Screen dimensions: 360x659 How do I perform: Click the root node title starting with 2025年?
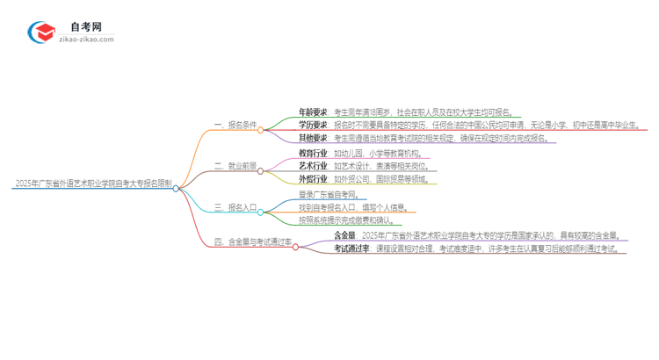[x=92, y=184]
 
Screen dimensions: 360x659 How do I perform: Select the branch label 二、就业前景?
[x=235, y=167]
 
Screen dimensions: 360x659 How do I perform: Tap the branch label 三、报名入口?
[x=235, y=208]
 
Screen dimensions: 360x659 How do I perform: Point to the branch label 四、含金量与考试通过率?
[x=253, y=241]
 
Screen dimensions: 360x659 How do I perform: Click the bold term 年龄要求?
[x=313, y=112]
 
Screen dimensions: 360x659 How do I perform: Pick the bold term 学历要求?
[x=313, y=126]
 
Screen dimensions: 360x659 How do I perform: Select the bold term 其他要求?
[x=313, y=139]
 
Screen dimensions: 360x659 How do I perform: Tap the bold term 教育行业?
[x=313, y=153]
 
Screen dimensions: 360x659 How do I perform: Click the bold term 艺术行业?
[x=313, y=166]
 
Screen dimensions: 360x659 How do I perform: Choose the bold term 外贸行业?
[x=313, y=179]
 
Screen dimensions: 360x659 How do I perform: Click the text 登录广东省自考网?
[x=329, y=194]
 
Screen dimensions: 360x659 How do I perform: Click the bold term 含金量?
[x=345, y=235]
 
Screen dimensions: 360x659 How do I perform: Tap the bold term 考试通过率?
[x=352, y=248]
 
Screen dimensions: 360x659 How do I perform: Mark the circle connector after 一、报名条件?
[x=261, y=129]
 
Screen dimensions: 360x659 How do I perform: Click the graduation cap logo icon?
[x=41, y=32]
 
